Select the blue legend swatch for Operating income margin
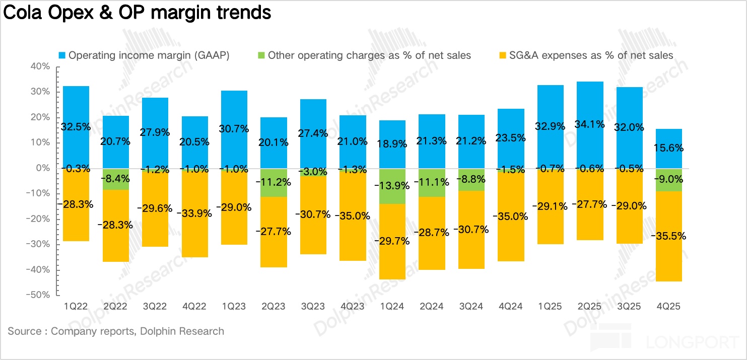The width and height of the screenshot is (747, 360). point(62,55)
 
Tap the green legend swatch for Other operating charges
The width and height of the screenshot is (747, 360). point(261,55)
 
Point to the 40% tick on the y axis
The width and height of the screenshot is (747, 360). point(39,66)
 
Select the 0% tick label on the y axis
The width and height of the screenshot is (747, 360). point(42,168)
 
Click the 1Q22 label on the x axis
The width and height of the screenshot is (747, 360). point(76,306)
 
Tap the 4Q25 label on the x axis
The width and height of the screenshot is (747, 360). point(668,306)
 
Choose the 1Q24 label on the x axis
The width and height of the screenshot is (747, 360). point(392,306)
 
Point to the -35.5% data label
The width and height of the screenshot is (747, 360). point(668,236)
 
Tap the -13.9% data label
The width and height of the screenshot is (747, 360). point(392,185)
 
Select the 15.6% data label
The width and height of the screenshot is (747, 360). point(668,148)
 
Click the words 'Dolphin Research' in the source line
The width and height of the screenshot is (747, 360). point(182,331)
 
